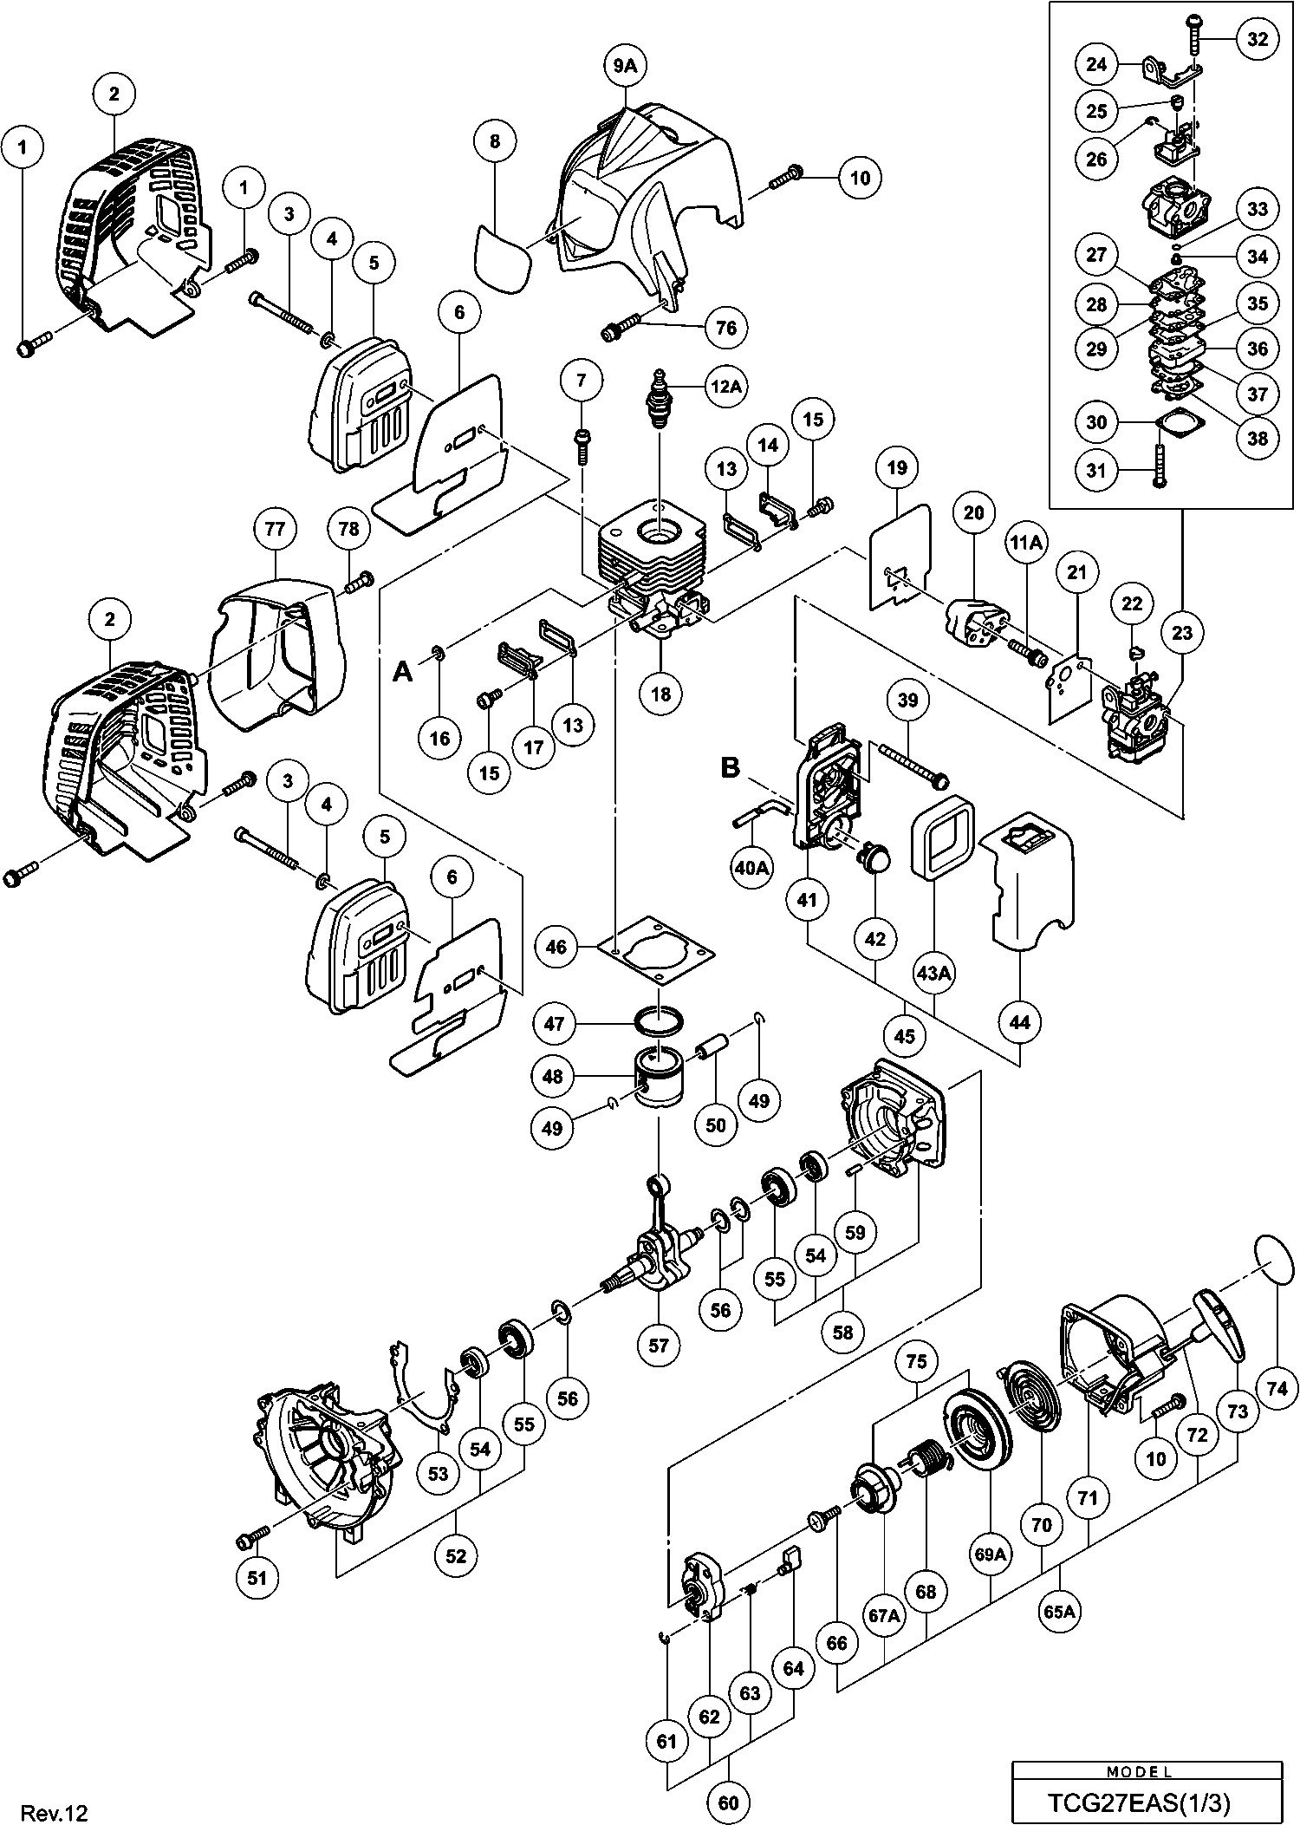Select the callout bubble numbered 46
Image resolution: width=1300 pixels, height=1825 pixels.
pos(556,946)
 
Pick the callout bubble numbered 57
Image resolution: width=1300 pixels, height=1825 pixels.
pos(659,1345)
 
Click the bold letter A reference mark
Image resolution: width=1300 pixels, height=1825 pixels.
pos(403,671)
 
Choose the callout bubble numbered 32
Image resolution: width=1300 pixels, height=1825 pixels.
pos(1257,39)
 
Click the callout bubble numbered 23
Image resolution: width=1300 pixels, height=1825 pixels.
pos(1182,633)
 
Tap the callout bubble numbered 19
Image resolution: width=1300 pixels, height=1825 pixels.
pos(897,468)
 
